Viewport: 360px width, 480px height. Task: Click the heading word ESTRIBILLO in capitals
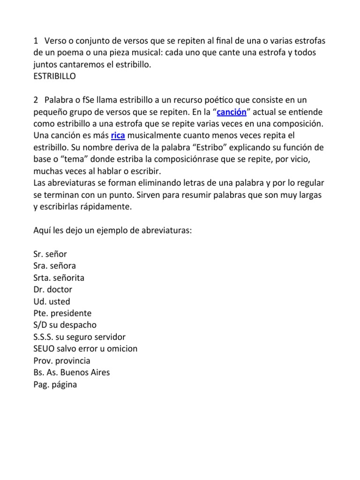coord(54,76)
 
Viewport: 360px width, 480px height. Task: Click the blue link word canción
coord(232,112)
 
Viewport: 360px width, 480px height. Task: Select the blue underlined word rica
coord(118,136)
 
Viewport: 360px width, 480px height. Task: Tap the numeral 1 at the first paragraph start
coord(36,41)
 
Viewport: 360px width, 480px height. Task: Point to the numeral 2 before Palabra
coord(36,100)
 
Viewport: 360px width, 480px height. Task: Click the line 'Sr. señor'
coord(50,254)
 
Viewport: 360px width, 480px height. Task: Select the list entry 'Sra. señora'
coord(54,266)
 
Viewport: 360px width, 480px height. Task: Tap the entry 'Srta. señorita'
coord(59,278)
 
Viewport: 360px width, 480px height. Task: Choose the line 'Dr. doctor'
coord(52,290)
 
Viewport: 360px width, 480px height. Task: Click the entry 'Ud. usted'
coord(52,301)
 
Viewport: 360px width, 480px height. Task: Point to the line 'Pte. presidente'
coord(62,313)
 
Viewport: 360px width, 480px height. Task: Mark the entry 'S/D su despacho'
coord(65,325)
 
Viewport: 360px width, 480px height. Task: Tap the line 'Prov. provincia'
coord(62,361)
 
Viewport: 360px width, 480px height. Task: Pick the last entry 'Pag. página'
coord(55,384)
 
